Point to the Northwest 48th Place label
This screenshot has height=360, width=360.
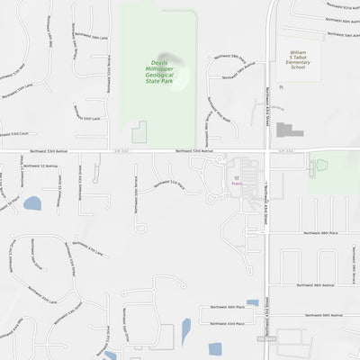[x=320, y=232]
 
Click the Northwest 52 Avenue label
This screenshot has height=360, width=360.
[x=40, y=166]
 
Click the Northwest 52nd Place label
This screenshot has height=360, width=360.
[x=172, y=184]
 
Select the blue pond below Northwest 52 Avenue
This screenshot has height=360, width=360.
[x=32, y=203]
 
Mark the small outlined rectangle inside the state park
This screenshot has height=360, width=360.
[x=139, y=132]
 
